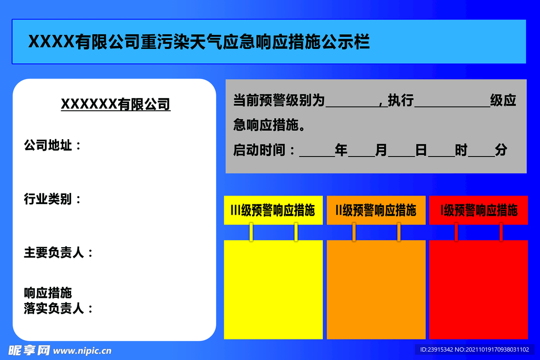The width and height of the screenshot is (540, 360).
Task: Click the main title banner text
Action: [x=198, y=42]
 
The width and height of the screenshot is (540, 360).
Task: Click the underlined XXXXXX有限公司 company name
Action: [x=115, y=104]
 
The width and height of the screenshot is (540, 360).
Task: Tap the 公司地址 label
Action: [x=52, y=145]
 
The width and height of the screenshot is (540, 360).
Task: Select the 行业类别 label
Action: [x=52, y=199]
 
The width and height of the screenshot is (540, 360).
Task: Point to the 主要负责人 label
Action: [x=58, y=252]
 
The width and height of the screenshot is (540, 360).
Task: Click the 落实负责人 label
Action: [x=58, y=308]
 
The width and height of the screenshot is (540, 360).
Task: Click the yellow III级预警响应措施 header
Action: [x=273, y=211]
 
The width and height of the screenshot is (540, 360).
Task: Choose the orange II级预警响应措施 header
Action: [x=375, y=211]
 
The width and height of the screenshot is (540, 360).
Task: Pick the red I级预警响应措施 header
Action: [x=478, y=211]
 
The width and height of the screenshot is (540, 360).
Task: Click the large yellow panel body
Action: [x=273, y=289]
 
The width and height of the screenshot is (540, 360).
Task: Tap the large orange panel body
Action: [x=375, y=289]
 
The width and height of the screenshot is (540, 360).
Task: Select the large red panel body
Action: [x=478, y=289]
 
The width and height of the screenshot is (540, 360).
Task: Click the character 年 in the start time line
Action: [x=341, y=151]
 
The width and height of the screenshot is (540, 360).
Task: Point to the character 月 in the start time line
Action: [x=381, y=151]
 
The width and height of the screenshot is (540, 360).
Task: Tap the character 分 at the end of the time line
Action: [x=501, y=151]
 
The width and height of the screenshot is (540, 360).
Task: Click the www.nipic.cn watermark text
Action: [x=82, y=350]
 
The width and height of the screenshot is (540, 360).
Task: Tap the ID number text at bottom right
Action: [x=474, y=349]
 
